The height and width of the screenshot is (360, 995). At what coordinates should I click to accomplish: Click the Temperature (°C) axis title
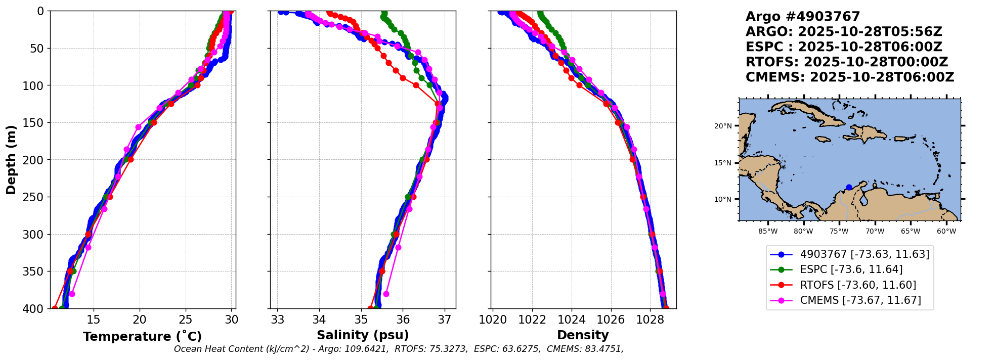(142, 336)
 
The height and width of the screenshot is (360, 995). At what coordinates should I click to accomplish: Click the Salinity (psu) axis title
(363, 335)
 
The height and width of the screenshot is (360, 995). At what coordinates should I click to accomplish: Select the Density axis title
(583, 335)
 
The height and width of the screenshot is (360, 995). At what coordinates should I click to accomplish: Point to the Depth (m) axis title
(11, 160)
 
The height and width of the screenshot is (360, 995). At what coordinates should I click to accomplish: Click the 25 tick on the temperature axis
(186, 320)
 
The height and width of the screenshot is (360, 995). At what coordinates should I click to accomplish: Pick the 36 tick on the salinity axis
(403, 320)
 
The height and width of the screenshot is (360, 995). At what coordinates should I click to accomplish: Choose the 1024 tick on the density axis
(572, 320)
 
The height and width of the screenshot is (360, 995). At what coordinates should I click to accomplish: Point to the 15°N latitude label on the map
(723, 163)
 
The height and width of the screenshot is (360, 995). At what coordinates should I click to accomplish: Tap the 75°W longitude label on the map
(839, 232)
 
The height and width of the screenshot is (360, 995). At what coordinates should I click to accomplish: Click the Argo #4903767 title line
(803, 17)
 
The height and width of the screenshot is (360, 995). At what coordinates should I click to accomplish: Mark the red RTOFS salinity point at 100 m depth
(416, 85)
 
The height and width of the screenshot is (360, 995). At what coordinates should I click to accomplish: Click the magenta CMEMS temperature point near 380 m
(72, 294)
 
